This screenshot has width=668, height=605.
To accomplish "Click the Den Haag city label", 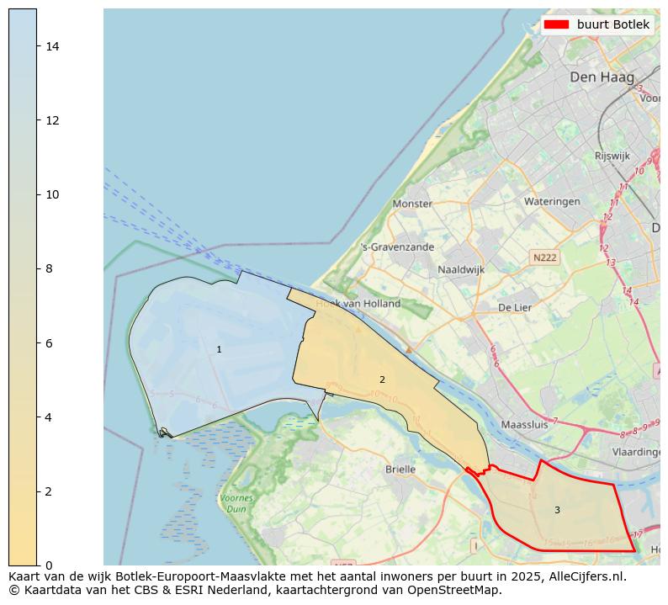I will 601,77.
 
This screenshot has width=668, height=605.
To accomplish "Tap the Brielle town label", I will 400,470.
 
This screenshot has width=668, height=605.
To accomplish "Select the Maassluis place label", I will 523,425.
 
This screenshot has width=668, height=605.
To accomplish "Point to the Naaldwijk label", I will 460,270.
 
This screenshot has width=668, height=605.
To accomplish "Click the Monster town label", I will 412,204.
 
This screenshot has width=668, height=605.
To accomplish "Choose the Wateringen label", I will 552,202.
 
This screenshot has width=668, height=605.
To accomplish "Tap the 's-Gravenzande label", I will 397,247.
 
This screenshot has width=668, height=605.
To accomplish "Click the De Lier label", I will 515,308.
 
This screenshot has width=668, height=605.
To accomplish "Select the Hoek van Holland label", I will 358,304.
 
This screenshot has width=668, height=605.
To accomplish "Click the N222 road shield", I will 544,257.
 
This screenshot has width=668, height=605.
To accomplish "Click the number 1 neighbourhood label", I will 219,349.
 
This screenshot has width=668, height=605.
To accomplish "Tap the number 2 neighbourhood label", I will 382,379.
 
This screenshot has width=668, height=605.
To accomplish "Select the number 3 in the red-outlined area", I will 556,510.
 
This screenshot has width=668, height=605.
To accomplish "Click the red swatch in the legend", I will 556,25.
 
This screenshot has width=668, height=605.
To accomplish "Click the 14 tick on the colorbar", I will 52,46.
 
